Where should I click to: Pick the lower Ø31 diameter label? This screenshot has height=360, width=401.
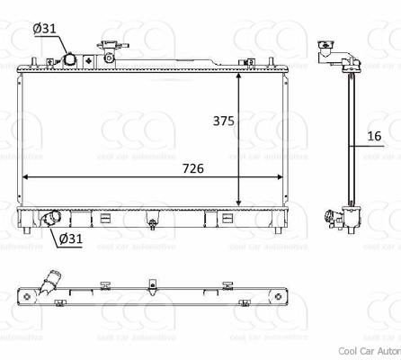pyautogui.click(x=71, y=238)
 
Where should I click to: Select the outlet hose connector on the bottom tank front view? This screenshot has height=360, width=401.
pyautogui.click(x=51, y=218)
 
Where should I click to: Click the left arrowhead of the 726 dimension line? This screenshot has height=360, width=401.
pyautogui.click(x=23, y=177)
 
